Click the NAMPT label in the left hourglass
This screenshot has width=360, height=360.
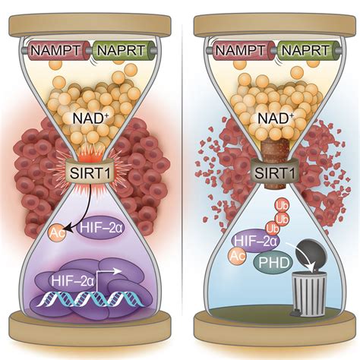point(55,50)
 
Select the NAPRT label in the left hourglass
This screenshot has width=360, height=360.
point(122,50)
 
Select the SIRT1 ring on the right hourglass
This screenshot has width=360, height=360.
point(275,172)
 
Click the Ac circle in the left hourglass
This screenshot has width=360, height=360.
point(57,233)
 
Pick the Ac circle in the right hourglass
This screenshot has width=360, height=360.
point(237,256)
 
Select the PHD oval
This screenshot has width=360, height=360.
point(273,264)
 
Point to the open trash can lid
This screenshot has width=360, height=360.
point(311,253)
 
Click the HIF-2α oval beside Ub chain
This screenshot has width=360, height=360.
point(256,241)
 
